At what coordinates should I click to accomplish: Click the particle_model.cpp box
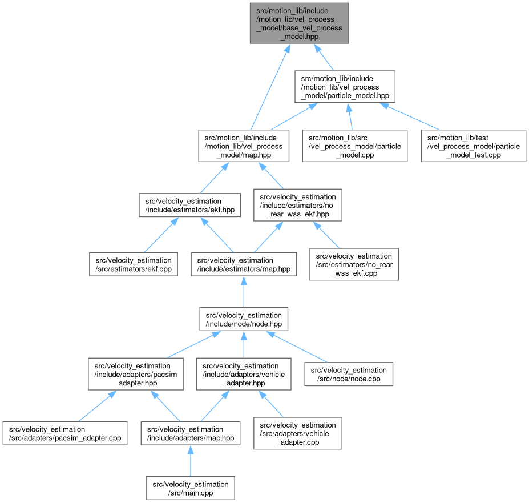click(355, 146)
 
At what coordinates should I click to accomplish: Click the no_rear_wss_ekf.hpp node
click(298, 206)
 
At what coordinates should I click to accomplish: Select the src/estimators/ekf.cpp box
click(134, 264)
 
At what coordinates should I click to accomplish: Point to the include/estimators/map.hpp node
click(244, 264)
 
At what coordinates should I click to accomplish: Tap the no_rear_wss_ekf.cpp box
click(354, 264)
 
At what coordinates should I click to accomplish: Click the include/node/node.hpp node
click(244, 319)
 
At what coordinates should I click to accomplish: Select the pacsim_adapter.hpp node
click(135, 374)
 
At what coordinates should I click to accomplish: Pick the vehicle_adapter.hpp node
click(244, 374)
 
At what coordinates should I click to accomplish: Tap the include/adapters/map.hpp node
click(190, 433)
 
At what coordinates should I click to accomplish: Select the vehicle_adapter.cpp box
click(298, 433)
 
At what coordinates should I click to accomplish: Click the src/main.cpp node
click(190, 488)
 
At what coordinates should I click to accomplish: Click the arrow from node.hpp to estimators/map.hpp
click(244, 292)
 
